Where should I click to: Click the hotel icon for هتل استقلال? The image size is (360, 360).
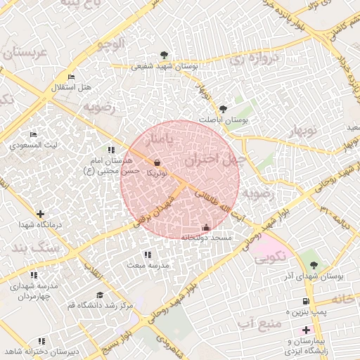click(71, 77)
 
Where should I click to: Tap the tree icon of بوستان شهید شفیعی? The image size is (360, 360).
click(164, 55)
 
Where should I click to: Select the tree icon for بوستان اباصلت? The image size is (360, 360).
click(223, 109)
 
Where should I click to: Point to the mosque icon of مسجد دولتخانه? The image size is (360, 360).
click(205, 228)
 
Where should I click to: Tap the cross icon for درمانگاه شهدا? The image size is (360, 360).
click(40, 214)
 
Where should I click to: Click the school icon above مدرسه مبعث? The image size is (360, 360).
click(147, 255)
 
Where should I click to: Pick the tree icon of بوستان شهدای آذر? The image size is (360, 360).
click(314, 265)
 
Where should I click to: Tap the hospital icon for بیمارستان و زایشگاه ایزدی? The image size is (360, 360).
click(305, 330)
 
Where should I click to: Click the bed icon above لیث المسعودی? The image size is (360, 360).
click(33, 134)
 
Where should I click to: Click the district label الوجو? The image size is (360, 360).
click(112, 44)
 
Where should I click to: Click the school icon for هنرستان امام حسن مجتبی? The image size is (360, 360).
click(111, 150)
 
